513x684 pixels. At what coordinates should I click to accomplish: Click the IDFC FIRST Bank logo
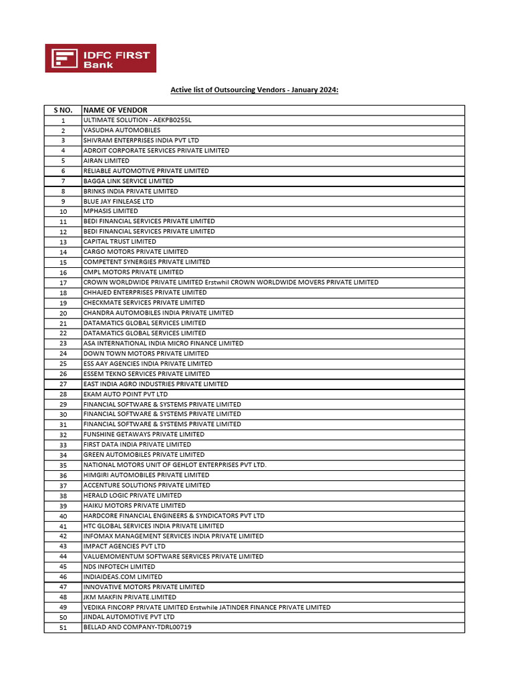click(x=100, y=58)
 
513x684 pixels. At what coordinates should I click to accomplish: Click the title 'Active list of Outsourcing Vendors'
click(x=254, y=89)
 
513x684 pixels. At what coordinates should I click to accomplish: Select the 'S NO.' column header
click(x=63, y=110)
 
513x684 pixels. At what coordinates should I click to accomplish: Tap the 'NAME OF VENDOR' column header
click(x=116, y=110)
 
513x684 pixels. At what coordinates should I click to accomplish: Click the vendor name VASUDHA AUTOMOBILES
click(x=122, y=130)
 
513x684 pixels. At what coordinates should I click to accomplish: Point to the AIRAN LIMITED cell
click(x=106, y=160)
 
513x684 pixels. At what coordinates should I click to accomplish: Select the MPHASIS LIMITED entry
click(x=110, y=211)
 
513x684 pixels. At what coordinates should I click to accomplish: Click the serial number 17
click(x=63, y=283)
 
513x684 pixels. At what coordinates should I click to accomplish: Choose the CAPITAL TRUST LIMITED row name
click(x=120, y=242)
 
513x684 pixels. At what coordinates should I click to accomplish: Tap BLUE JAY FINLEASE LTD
click(x=118, y=201)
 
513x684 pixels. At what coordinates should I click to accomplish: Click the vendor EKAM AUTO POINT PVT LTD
click(x=126, y=395)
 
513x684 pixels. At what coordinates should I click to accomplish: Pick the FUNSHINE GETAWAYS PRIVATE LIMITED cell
click(x=144, y=435)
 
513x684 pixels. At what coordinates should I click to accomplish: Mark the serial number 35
click(x=63, y=466)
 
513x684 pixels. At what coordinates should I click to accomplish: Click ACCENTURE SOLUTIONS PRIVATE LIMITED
click(x=146, y=486)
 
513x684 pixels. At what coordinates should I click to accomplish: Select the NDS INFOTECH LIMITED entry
click(x=119, y=566)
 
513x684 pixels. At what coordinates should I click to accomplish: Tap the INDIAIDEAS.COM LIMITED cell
click(x=122, y=576)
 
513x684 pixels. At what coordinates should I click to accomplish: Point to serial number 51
click(x=63, y=628)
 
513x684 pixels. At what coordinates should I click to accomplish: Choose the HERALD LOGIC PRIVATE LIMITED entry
click(x=132, y=496)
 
